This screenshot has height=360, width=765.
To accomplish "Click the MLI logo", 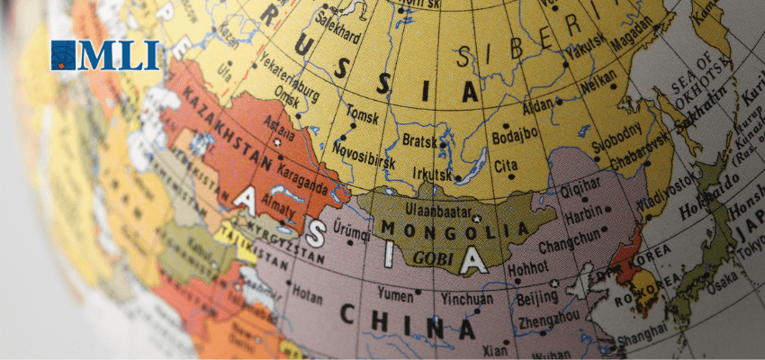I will (x=105, y=56).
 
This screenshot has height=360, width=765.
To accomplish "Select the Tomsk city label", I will (x=362, y=117).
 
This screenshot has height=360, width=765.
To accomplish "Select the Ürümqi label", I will (x=351, y=230).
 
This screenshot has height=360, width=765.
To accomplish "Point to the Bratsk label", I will (x=419, y=141).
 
